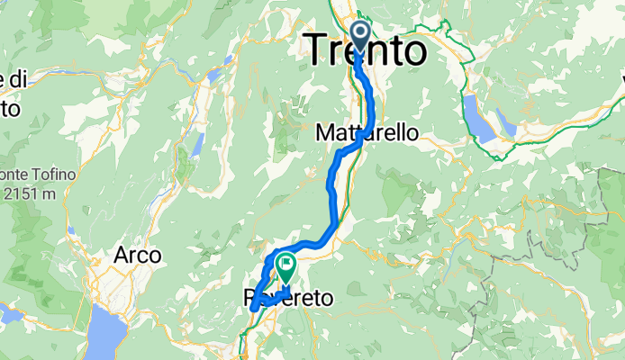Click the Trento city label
coord(367,51)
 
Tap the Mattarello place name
coord(367,132)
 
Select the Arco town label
coord(137,256)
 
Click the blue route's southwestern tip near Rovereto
coord(255,307)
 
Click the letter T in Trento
coord(320,51)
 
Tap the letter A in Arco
coord(121,256)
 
